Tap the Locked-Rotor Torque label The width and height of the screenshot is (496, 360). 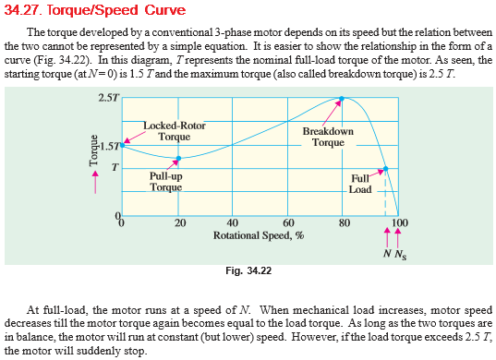tap(175, 131)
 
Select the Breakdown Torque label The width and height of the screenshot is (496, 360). tap(328, 138)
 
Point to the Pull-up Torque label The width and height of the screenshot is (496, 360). tap(166, 180)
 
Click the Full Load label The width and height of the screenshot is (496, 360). tap(360, 184)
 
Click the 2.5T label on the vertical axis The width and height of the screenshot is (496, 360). tap(107, 98)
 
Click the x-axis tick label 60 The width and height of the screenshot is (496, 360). tap(288, 222)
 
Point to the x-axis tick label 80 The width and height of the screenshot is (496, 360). tap(344, 222)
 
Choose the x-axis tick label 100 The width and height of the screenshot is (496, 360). tap(399, 222)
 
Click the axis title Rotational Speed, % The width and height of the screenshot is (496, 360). tap(260, 235)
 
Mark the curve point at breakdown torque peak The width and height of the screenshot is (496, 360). tap(343, 98)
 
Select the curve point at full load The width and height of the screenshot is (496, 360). tap(386, 168)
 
